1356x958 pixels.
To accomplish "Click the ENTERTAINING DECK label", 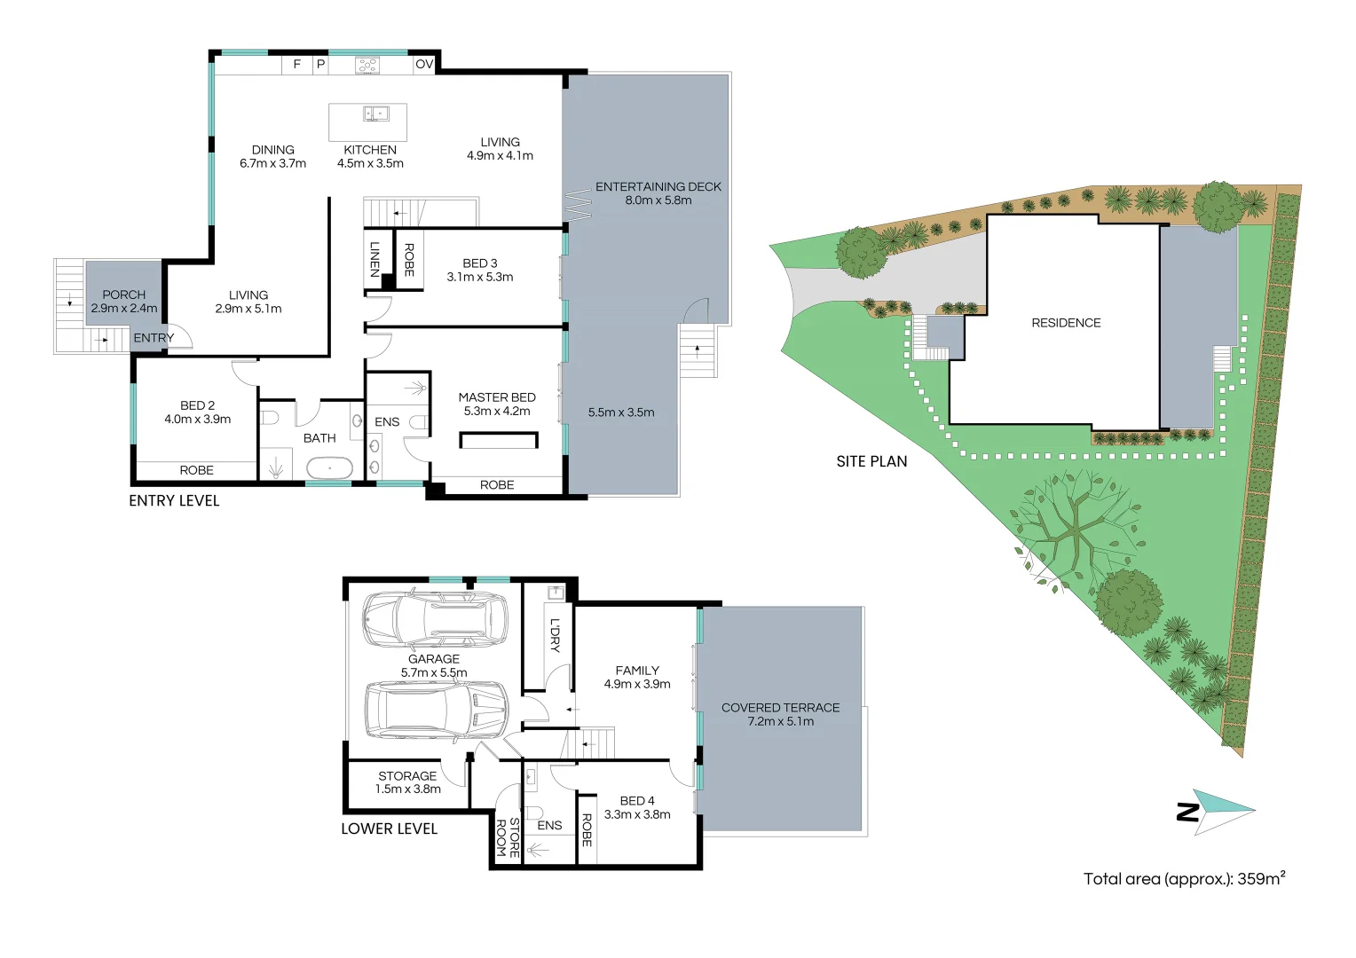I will pyautogui.click(x=658, y=187).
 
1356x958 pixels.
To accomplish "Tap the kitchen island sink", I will pyautogui.click(x=375, y=114).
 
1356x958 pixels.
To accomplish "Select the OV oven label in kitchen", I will pyautogui.click(x=424, y=64).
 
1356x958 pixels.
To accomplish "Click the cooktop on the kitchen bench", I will pyautogui.click(x=367, y=65).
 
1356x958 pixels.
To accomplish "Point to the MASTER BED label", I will pyautogui.click(x=497, y=397).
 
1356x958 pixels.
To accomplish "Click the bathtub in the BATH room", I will pyautogui.click(x=329, y=467).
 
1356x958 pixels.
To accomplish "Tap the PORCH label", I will pyautogui.click(x=123, y=294).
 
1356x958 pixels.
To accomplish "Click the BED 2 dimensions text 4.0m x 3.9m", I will pyautogui.click(x=197, y=420).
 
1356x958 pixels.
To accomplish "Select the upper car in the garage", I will pyautogui.click(x=435, y=618).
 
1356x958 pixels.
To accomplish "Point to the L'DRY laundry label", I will pyautogui.click(x=555, y=635).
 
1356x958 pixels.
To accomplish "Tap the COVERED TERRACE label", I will pyautogui.click(x=780, y=708).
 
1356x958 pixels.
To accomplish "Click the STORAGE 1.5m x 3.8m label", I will pyautogui.click(x=407, y=782).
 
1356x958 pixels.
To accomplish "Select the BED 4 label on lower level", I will pyautogui.click(x=637, y=801).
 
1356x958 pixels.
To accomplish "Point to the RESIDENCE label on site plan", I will pyautogui.click(x=1066, y=323).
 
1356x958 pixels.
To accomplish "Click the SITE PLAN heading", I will pyautogui.click(x=871, y=461).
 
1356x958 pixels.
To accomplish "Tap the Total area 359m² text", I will pyautogui.click(x=1184, y=879).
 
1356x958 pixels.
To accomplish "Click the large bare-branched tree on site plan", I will pyautogui.click(x=1075, y=523).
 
